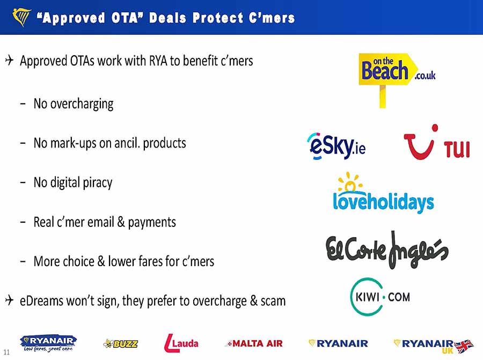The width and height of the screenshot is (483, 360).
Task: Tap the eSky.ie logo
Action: click(x=336, y=146)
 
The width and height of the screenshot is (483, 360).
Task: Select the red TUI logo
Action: click(x=436, y=142)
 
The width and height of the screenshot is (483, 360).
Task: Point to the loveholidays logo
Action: click(x=383, y=193)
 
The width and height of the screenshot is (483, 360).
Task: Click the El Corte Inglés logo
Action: click(x=387, y=250)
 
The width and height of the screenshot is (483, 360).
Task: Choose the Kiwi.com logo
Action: click(x=380, y=297)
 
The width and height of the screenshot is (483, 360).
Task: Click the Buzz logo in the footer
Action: click(x=121, y=343)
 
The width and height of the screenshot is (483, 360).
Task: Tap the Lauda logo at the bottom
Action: click(x=181, y=343)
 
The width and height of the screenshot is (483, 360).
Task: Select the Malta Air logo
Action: click(x=254, y=343)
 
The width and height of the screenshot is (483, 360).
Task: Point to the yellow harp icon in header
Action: click(x=21, y=17)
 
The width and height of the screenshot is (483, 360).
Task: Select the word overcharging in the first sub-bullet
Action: click(x=82, y=104)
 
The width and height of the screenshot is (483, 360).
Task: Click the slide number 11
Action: click(x=6, y=352)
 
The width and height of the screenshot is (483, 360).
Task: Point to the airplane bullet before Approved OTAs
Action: click(x=10, y=60)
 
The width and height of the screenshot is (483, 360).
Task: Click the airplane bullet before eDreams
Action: click(x=10, y=300)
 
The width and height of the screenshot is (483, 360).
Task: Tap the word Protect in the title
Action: click(x=218, y=18)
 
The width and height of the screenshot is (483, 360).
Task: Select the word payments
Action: click(x=152, y=222)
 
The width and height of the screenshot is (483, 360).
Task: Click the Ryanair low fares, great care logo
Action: click(x=48, y=343)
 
